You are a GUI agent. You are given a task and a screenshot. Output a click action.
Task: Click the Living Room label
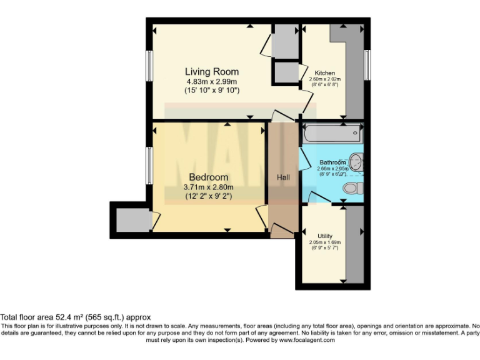pos(211,72)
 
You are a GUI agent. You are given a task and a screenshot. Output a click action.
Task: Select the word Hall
pos(283,177)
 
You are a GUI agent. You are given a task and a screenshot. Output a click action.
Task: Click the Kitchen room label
pos(324,72)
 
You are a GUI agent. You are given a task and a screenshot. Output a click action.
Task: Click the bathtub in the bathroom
pos(331,132)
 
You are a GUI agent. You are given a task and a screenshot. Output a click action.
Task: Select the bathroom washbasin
pos(356,162)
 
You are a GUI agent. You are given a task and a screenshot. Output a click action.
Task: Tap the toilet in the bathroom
pos(352,187)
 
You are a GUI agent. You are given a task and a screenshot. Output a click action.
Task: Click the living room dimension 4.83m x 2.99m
pos(211,81)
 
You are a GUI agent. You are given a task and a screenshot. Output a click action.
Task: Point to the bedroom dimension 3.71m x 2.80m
pos(208,187)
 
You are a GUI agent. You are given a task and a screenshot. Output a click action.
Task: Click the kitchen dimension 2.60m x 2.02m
pos(324,79)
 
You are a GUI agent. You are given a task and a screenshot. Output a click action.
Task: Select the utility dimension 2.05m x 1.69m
pos(324,242)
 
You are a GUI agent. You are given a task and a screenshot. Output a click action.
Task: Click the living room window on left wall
pos(150,64)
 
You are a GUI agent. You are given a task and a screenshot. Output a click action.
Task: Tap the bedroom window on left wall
pos(150,166)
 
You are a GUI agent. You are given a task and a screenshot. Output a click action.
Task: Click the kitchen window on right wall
pos(367,64)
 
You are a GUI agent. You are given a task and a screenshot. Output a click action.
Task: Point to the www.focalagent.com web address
pos(307,341)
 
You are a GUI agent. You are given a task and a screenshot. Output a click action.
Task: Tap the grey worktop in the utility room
pos(354,245)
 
